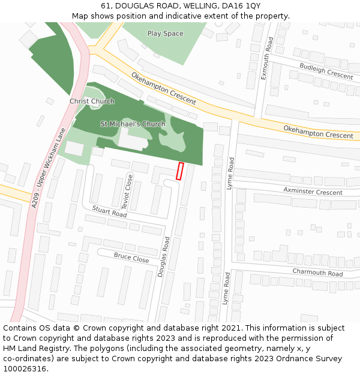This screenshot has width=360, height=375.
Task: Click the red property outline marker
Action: click(179, 171)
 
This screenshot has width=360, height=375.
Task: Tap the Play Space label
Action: click(165, 34)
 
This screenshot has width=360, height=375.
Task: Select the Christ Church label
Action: click(92, 101)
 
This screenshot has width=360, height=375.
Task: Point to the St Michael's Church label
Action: click(133, 124)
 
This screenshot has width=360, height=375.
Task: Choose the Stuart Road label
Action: click(109, 211)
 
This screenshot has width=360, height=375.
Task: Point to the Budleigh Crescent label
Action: click(326, 71)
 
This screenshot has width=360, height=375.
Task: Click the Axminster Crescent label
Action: click(313, 192)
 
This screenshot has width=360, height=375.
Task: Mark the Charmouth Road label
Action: click(317, 272)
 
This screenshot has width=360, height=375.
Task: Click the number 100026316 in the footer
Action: click(25, 369)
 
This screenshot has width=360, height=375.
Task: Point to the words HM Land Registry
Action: click(34, 349)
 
